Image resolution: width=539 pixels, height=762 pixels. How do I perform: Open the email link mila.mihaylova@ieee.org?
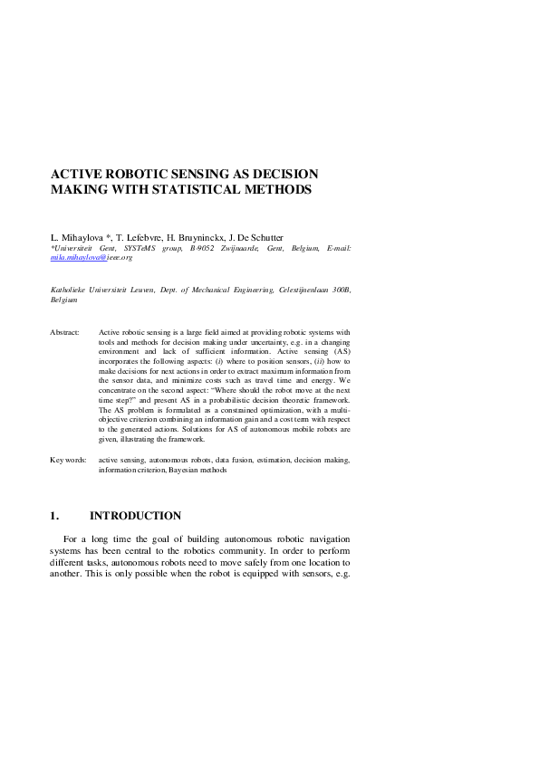click(91, 258)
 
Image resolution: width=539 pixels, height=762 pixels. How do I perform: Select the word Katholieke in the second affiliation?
click(69, 290)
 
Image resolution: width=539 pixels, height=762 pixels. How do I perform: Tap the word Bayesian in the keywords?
click(185, 471)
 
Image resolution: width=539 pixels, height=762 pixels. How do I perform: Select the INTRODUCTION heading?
click(135, 517)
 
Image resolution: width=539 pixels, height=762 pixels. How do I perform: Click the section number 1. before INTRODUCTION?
click(54, 517)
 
